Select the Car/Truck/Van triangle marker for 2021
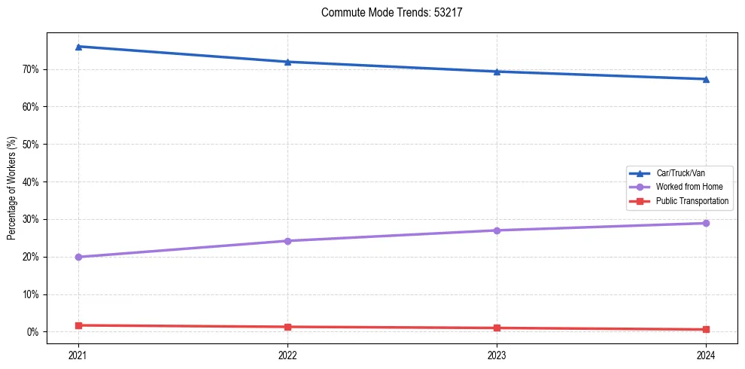point(78,47)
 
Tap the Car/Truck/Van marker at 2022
point(287,62)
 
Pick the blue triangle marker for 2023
point(497,72)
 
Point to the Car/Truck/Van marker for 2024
point(706,79)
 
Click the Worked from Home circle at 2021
point(78,257)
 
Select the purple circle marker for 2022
point(287,241)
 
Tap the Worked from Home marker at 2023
point(497,230)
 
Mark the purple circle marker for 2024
point(706,223)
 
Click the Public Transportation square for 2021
point(78,325)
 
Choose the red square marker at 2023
point(497,328)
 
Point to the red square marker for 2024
point(706,329)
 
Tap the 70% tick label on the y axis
point(30,69)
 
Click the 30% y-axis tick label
point(30,219)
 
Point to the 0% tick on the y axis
point(32,332)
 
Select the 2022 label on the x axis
point(287,354)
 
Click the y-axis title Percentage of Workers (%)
point(12,188)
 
